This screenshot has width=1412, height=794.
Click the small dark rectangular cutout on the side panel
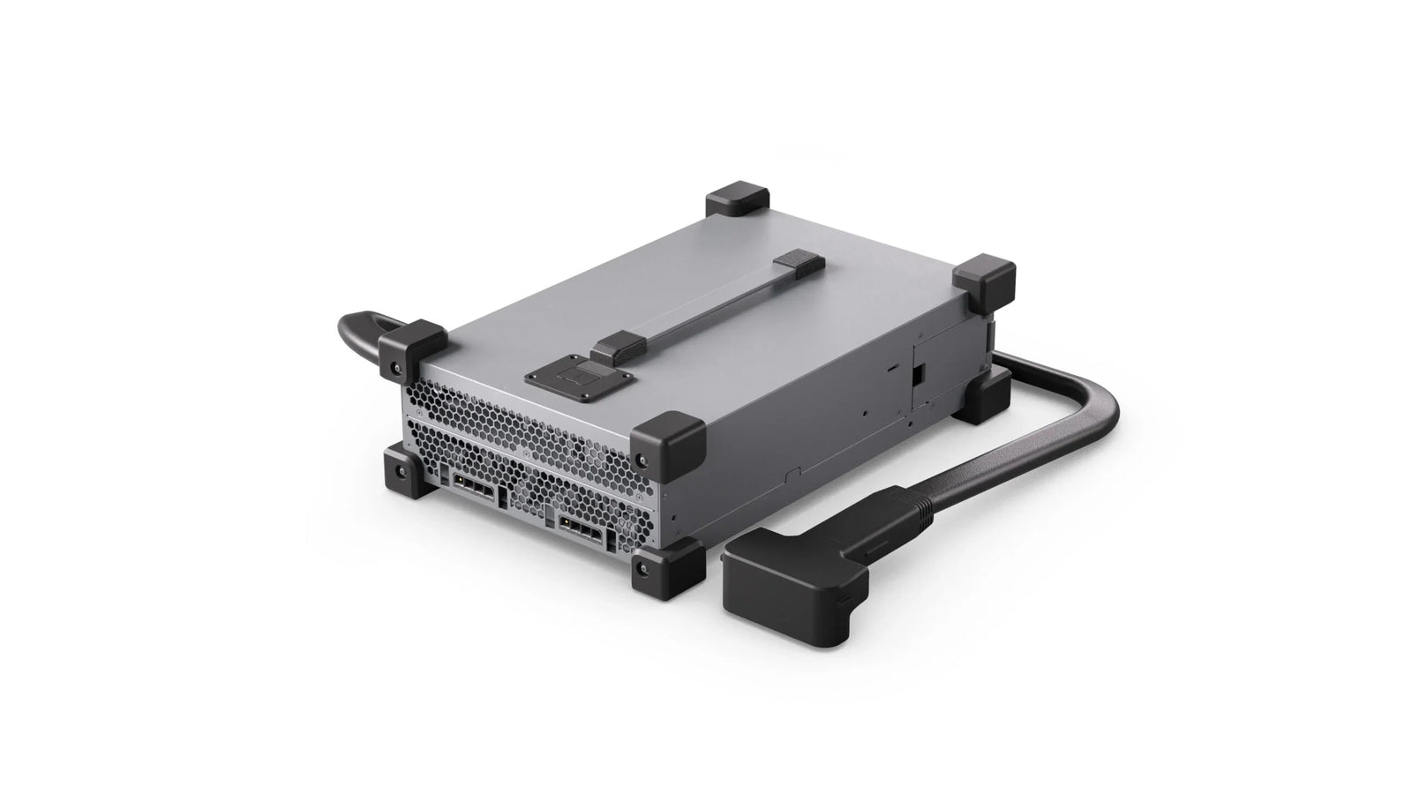[918, 375]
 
